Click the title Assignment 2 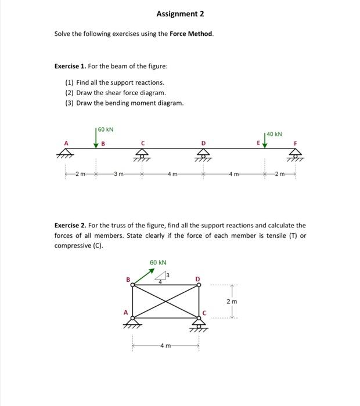click(180, 14)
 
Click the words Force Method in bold click(191, 34)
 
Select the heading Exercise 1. click(70, 66)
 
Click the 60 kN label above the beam click(106, 128)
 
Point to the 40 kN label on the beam click(275, 135)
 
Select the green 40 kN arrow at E click(265, 141)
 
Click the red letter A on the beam click(66, 143)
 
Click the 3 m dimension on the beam click(118, 174)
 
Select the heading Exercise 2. click(70, 225)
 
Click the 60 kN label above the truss click(158, 263)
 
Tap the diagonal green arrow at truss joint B click(143, 277)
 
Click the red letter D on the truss click(197, 280)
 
